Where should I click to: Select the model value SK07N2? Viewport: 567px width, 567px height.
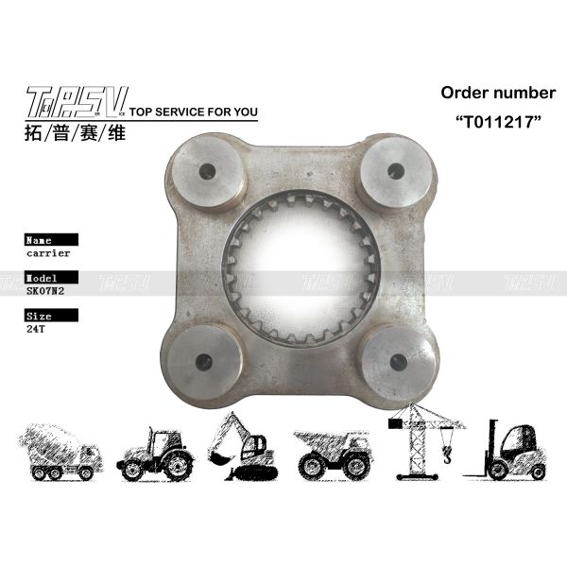tap(45, 293)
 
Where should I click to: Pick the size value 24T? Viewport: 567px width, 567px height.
tap(39, 332)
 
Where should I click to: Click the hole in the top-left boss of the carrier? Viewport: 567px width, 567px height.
tap(206, 173)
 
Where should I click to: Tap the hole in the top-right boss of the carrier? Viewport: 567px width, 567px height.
tap(395, 171)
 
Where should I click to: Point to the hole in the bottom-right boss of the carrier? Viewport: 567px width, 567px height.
tap(398, 361)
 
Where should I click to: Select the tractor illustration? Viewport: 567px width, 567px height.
tap(157, 455)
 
